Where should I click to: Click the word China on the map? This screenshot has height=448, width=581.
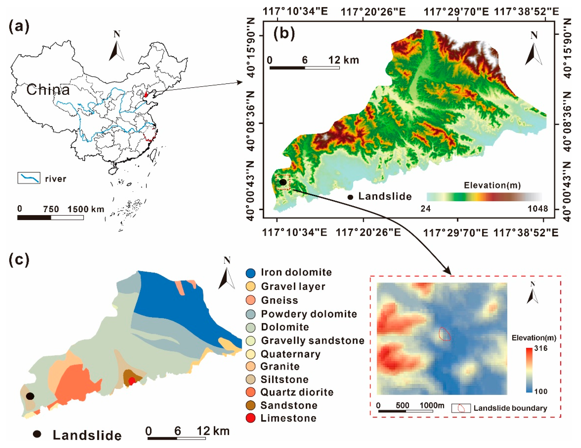coord(48,90)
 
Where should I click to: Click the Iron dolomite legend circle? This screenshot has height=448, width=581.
coord(251,273)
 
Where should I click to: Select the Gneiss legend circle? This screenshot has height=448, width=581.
coord(251,300)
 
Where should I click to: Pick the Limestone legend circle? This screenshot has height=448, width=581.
coord(251,418)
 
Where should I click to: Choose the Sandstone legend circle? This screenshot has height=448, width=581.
coord(251,405)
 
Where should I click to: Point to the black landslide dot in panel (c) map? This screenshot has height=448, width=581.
coord(30,396)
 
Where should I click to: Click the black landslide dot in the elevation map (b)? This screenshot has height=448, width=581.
coord(283,182)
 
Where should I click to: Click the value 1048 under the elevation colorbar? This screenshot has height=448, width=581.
coord(538,209)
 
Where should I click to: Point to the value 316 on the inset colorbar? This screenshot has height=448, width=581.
coord(541,348)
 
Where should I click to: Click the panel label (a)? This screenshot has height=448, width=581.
coord(19,27)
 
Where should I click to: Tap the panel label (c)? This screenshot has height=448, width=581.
coord(19,259)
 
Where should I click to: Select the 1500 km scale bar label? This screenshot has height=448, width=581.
coord(86,209)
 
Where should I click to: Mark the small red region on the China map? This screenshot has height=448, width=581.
coord(146,94)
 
